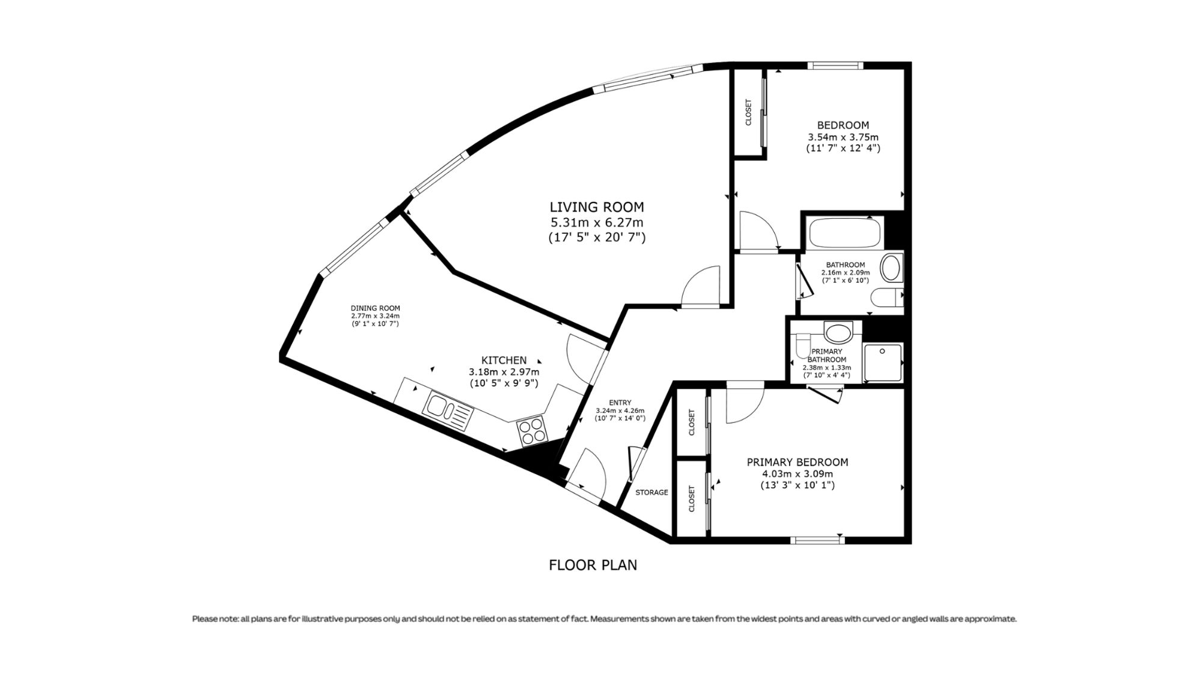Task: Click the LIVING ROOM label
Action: coord(597,207)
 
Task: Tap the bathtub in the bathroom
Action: coord(845,233)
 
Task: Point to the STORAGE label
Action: coord(652,492)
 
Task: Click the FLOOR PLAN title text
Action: coord(593,565)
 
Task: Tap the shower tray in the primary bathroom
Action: coord(883,362)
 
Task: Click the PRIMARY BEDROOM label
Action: coord(798,462)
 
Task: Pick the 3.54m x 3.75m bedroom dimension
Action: coord(843,136)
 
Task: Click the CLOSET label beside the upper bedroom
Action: coord(748,112)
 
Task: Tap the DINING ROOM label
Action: coord(376,308)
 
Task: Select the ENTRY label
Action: coord(620,403)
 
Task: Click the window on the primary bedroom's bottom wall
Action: coord(817,540)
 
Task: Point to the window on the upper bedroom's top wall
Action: coord(835,65)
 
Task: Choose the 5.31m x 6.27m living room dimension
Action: coord(597,222)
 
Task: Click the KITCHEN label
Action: coord(504,360)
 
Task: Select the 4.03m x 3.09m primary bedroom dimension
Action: coord(798,474)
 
